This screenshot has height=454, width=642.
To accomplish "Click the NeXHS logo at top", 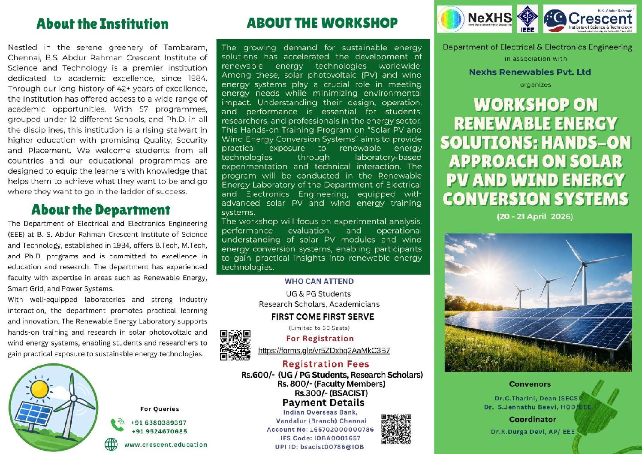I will (474, 19).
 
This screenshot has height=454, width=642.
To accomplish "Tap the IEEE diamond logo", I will (527, 19).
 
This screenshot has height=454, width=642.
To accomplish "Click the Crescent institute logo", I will (589, 19).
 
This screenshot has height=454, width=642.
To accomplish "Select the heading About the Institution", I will (102, 24).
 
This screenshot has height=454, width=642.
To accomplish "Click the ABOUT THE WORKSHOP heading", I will (322, 23).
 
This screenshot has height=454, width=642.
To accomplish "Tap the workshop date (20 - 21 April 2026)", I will (535, 216).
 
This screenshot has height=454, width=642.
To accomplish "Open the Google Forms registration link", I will (324, 351).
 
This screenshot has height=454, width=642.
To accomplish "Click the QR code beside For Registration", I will (235, 345).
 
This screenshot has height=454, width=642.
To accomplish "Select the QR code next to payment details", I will (396, 429).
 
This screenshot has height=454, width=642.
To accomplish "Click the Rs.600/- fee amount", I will (258, 375).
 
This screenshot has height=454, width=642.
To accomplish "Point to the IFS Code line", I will (320, 438).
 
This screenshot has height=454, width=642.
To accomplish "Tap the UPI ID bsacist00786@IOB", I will (319, 447).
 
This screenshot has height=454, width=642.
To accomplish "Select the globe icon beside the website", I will (111, 445).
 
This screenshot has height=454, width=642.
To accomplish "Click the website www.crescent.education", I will (166, 445).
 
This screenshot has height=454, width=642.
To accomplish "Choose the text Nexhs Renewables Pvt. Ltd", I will (530, 72).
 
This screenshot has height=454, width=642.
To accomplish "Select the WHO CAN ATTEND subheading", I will (319, 281).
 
